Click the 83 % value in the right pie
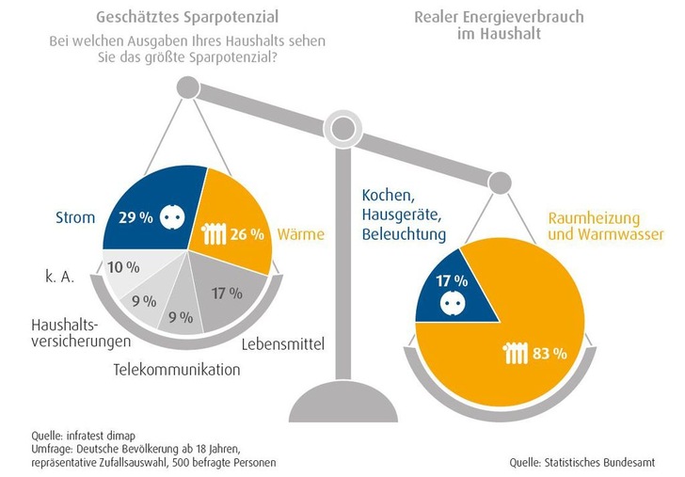click(548, 355)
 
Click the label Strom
click(76, 218)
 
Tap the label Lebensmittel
click(282, 344)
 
